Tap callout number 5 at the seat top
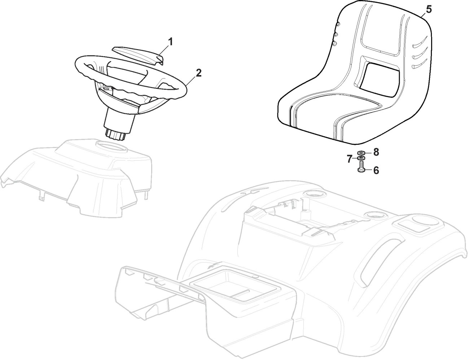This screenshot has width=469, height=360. (x=428, y=9)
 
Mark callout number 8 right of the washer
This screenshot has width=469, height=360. (x=376, y=152)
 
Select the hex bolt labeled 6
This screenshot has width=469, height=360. (x=361, y=168)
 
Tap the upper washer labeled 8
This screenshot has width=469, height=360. (x=361, y=153)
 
